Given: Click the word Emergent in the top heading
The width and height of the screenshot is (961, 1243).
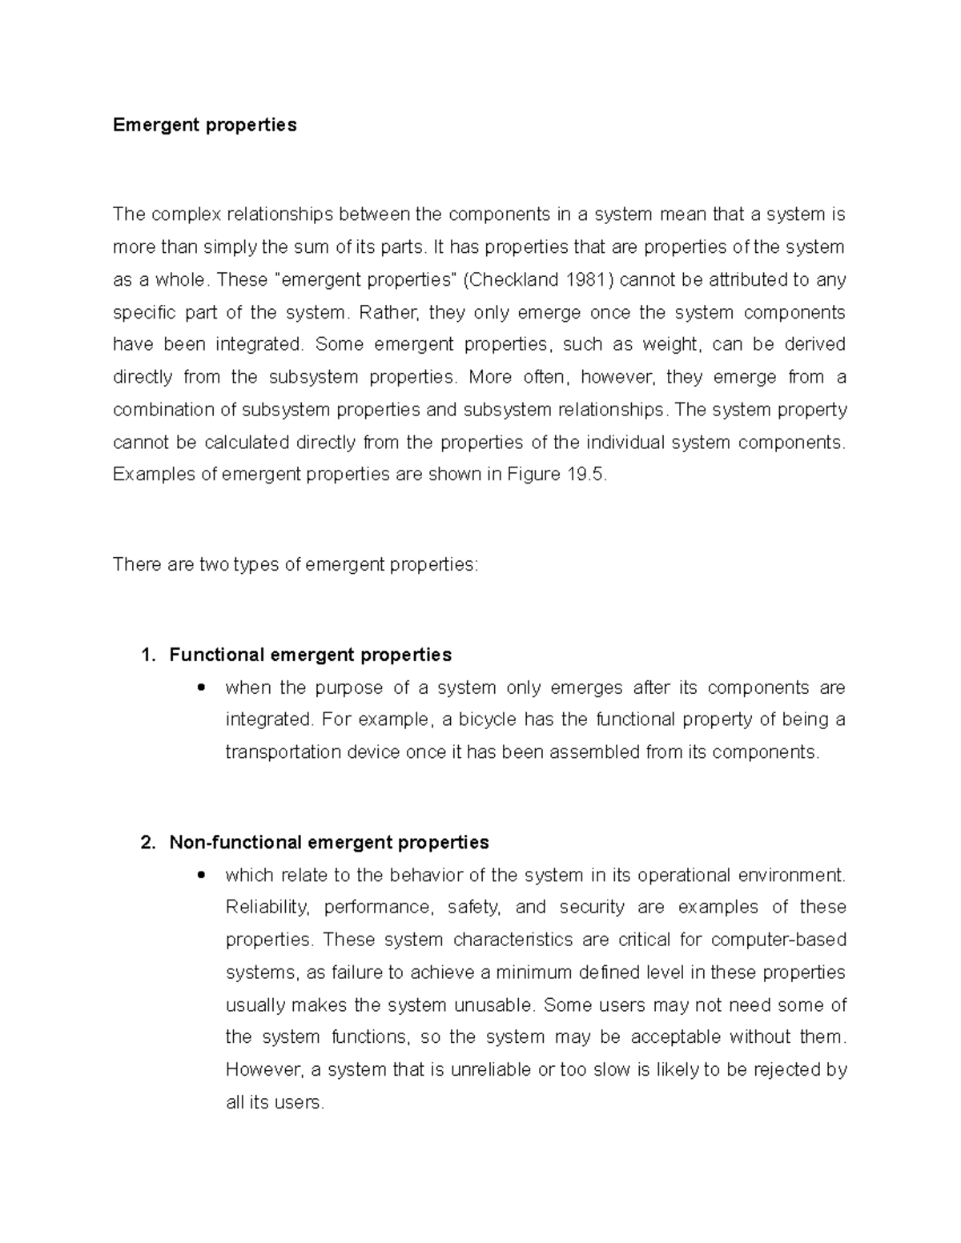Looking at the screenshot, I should click(150, 125).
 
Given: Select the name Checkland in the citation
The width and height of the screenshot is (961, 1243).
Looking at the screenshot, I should click(515, 279).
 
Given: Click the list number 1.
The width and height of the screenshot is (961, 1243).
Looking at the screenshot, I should click(146, 655).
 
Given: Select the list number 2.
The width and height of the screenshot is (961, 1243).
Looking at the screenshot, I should click(146, 842).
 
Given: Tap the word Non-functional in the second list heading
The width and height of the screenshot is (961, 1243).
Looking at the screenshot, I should click(235, 842).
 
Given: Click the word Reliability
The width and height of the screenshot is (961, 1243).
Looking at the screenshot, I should click(267, 907).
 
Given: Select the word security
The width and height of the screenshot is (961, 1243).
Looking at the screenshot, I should click(592, 907).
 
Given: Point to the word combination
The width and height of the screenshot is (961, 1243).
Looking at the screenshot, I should click(164, 410).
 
